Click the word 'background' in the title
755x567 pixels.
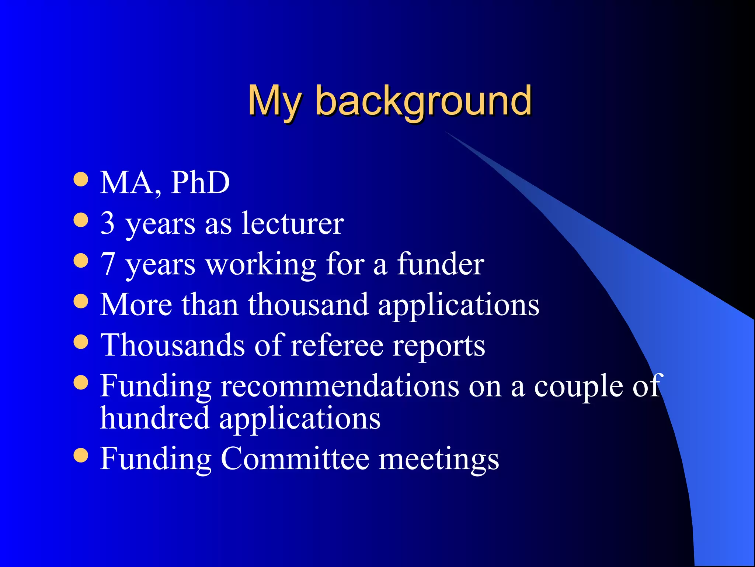coord(424,102)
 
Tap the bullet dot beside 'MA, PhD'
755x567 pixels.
coord(81,179)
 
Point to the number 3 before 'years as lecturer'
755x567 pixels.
coord(107,223)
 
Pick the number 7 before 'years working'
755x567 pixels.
coord(107,264)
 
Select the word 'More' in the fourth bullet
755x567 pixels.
coord(136,305)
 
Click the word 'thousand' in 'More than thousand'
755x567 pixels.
coord(308,305)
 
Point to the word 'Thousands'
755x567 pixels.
coord(173,345)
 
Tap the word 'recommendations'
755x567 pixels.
coord(340,386)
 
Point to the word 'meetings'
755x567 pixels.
coord(439,460)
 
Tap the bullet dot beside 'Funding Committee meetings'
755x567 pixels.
coord(81,455)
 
